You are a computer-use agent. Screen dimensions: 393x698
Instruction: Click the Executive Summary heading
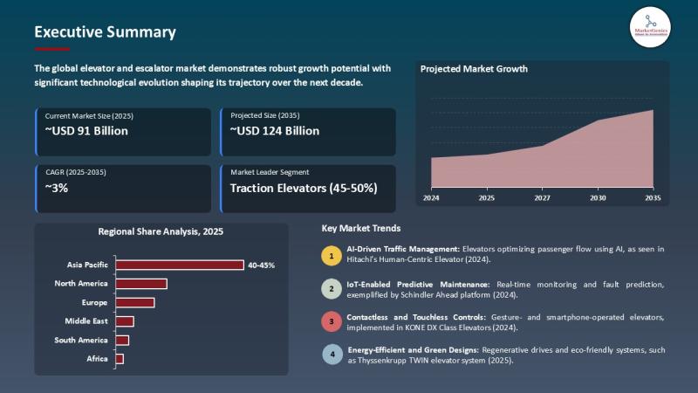(x=105, y=32)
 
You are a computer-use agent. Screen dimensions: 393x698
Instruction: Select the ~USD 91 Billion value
(x=86, y=131)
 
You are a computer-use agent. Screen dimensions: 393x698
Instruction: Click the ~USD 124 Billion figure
(x=274, y=131)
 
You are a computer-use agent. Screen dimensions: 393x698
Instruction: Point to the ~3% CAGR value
(x=57, y=187)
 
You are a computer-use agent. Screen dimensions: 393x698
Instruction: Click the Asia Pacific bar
(x=180, y=265)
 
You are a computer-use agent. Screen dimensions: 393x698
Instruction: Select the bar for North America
(x=141, y=284)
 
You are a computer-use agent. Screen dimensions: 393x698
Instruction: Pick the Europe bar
(x=135, y=302)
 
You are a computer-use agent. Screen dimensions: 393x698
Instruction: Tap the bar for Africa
(x=120, y=359)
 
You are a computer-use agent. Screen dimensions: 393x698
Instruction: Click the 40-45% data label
(x=261, y=265)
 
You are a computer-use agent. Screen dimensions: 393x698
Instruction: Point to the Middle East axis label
(x=87, y=321)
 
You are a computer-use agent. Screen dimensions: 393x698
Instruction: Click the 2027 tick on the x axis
(x=542, y=198)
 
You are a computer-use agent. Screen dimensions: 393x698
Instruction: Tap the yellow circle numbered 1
(x=331, y=255)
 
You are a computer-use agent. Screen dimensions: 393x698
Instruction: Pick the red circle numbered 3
(x=331, y=321)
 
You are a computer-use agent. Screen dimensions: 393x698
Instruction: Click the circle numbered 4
(x=331, y=355)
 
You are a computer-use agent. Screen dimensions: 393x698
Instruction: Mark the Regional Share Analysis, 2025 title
(x=161, y=231)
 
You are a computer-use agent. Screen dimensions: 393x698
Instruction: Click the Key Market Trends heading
(x=361, y=228)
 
